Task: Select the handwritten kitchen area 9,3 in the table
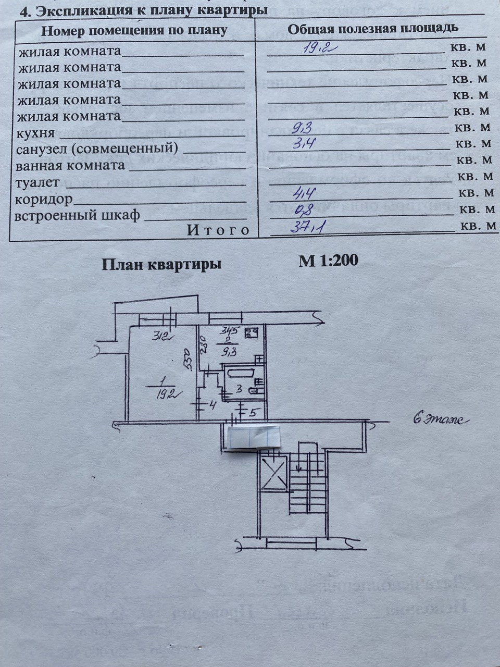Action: pyautogui.click(x=302, y=127)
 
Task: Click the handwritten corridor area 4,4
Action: pyautogui.click(x=304, y=194)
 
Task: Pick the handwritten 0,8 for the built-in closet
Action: pyautogui.click(x=304, y=211)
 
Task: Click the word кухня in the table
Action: pyautogui.click(x=36, y=133)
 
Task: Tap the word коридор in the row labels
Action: pyautogui.click(x=44, y=199)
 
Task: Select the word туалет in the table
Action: pyautogui.click(x=37, y=182)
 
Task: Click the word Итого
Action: pyautogui.click(x=218, y=230)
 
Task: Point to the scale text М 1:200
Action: pyautogui.click(x=328, y=261)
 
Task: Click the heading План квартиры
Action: pyautogui.click(x=161, y=264)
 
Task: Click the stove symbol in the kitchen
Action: pyautogui.click(x=253, y=332)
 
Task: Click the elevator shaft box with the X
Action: pyautogui.click(x=273, y=473)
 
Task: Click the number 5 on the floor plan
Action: pyautogui.click(x=252, y=413)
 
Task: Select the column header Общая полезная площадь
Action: pyautogui.click(x=373, y=28)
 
